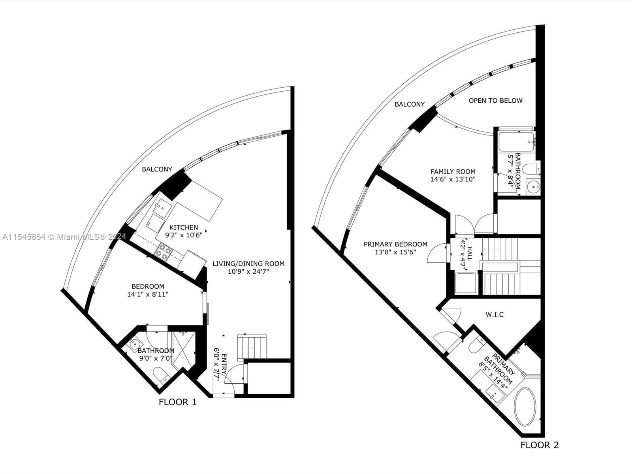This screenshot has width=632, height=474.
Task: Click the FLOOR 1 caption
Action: pos(177,402)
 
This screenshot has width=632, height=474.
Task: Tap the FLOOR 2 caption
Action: pos(539,445)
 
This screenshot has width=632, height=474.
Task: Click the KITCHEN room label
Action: pos(184,228)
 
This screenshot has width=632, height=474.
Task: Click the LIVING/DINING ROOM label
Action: pos(248,264)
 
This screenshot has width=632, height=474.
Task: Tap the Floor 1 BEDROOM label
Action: pos(148,286)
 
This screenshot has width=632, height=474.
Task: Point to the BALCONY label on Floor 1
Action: pos(157,169)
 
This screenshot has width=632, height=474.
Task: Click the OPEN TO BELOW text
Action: pos(495,101)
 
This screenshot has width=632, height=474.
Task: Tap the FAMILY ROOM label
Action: pos(453,172)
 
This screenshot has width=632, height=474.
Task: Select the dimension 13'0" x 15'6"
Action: pos(395,252)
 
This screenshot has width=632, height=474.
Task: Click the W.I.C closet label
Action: pos(495,314)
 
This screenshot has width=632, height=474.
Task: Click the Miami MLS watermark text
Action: pos(64,237)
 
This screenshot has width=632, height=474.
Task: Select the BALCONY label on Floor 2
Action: pos(410,104)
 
